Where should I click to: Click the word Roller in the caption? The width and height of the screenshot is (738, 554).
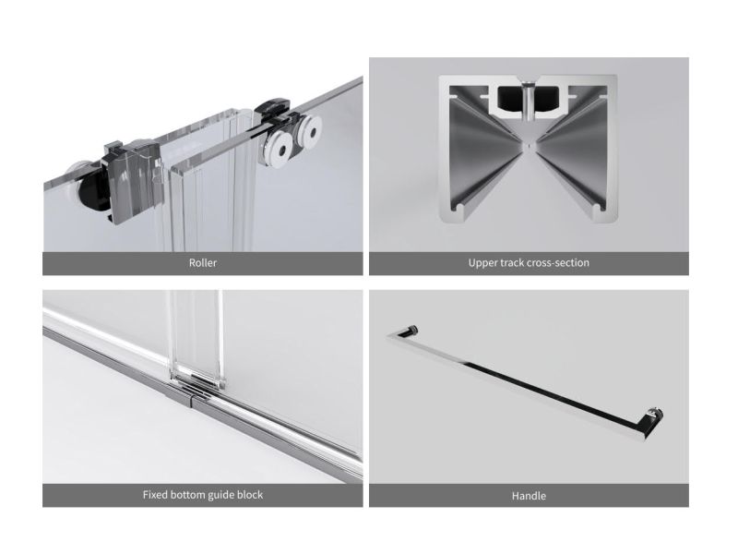coord(203,263)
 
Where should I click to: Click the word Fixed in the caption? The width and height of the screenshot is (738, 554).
coord(155,495)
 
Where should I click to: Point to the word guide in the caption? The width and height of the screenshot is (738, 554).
coord(222,495)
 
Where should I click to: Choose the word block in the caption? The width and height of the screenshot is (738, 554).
coord(251,495)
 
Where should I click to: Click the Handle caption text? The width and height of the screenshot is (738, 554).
coord(529,496)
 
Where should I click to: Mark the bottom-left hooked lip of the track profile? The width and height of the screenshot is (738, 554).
coord(458,211)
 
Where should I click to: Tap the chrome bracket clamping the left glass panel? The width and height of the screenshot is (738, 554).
coord(131,180)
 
